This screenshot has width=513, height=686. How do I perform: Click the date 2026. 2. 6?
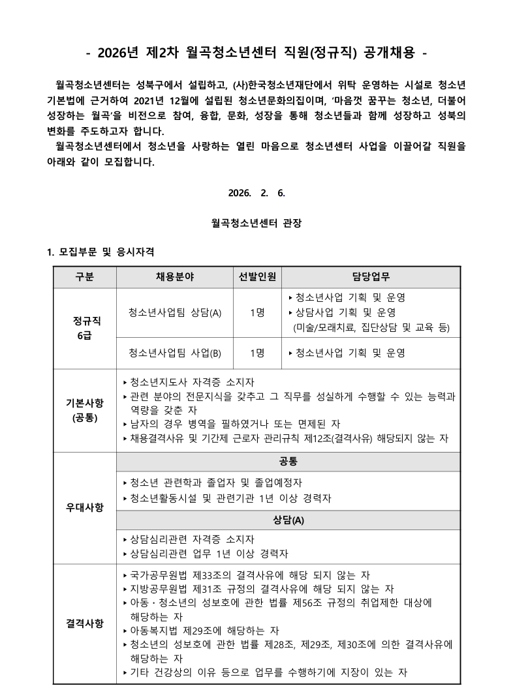tap(256, 193)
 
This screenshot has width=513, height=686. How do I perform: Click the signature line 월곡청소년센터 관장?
tap(256, 223)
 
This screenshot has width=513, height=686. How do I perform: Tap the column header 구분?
tap(85, 276)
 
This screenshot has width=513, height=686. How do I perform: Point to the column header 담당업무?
tap(371, 276)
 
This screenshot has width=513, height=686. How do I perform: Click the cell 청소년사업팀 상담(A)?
tap(175, 312)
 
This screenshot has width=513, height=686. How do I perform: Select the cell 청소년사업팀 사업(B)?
tap(175, 353)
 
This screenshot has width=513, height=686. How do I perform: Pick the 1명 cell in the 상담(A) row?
tap(257, 312)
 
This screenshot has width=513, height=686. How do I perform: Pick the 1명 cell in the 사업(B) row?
tap(257, 353)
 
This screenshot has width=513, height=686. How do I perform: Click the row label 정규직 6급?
tap(85, 328)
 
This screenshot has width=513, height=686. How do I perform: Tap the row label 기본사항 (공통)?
tap(85, 410)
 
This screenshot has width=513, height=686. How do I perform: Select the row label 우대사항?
tap(85, 508)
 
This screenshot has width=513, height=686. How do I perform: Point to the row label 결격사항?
tap(85, 623)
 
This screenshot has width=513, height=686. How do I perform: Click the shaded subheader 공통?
tap(288, 462)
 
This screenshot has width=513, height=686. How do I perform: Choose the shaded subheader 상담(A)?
tap(288, 520)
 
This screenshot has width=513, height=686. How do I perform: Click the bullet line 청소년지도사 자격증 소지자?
tap(192, 381)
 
